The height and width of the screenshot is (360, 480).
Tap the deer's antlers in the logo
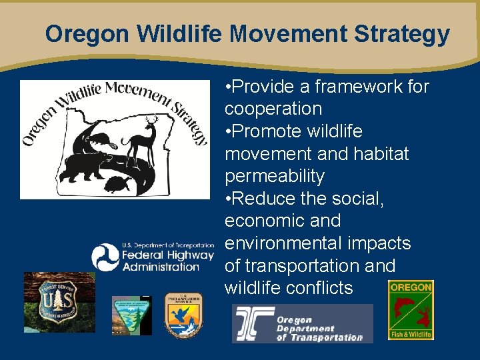click(150, 121)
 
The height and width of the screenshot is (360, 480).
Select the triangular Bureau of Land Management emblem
click(131, 315)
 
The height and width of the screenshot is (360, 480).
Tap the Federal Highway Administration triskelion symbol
click(105, 257)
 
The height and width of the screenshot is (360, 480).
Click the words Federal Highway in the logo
click(167, 255)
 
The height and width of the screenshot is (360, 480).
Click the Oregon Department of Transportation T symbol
click(253, 324)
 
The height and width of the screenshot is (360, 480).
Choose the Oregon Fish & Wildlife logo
click(411, 309)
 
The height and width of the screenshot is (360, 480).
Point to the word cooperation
click(273, 109)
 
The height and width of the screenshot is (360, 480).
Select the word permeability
click(275, 177)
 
